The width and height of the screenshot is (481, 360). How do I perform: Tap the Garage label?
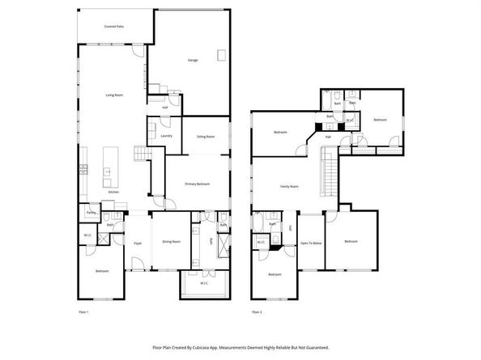point(193,60)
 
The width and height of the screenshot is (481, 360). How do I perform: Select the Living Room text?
point(113,95)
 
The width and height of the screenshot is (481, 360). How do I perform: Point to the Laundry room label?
point(166,136)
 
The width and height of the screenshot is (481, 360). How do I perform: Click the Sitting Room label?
point(206,137)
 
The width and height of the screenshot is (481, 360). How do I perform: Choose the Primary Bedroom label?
point(198,184)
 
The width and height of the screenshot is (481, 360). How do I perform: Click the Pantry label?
point(92,214)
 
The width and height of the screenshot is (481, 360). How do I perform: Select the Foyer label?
point(138,242)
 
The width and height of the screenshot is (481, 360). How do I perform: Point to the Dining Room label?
point(171,242)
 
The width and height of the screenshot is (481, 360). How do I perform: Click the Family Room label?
point(290,186)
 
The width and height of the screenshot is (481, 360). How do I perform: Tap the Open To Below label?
point(311,242)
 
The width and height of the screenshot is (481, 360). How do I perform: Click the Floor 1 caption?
point(83,311)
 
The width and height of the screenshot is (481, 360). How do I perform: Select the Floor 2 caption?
point(257,311)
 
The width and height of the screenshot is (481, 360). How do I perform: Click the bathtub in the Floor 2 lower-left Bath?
point(257,222)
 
